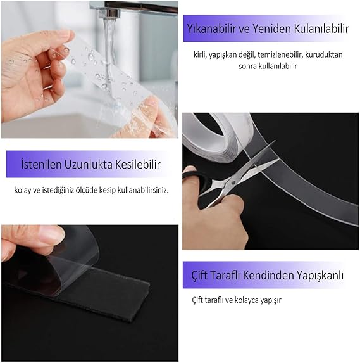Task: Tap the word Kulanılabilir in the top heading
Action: (x=321, y=29)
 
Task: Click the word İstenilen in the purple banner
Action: (x=42, y=164)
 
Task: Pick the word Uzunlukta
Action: (x=89, y=164)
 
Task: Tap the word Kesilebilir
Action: (x=138, y=164)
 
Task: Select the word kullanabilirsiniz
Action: (x=143, y=190)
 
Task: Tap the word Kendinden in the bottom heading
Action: (x=268, y=276)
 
